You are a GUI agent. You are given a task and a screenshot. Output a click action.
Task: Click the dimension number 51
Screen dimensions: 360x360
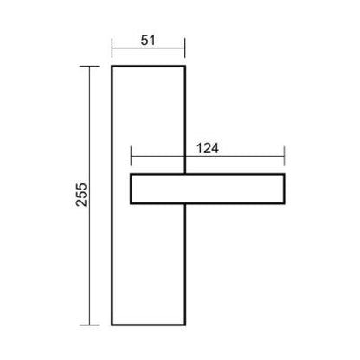[x=148, y=41]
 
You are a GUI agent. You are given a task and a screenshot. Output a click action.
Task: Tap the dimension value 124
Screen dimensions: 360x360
[x=208, y=149]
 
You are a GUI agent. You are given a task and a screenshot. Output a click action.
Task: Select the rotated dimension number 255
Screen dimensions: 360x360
[x=81, y=195]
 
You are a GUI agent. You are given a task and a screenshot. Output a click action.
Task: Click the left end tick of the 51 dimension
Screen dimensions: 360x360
[x=112, y=48]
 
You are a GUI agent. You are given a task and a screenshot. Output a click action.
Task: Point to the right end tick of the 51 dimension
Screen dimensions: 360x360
[x=184, y=48]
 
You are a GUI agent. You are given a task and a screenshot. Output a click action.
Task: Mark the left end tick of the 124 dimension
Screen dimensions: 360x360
[x=131, y=156]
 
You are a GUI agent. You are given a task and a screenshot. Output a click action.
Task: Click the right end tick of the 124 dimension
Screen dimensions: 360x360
[x=285, y=156]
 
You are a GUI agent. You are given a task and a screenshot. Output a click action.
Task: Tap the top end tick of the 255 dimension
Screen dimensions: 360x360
[x=89, y=67]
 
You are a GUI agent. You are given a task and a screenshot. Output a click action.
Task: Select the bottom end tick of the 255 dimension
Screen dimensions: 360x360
[x=89, y=325]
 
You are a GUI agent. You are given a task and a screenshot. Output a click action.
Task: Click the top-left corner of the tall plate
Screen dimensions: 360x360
[x=112, y=67]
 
